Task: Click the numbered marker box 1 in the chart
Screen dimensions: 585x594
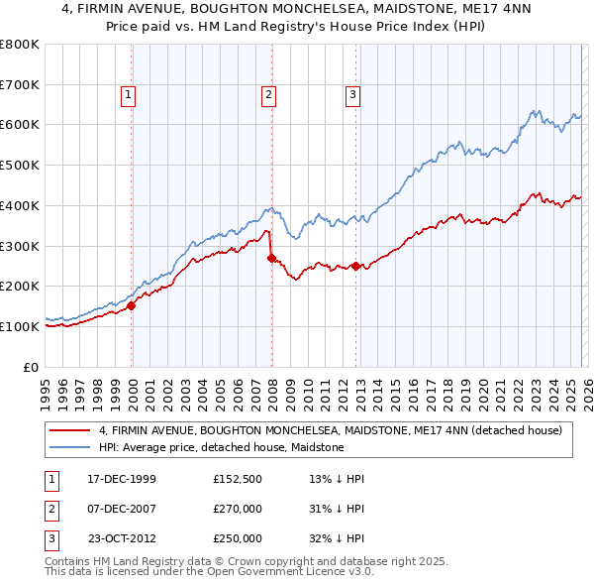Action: click(130, 95)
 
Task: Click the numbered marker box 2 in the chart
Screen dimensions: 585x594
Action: click(268, 95)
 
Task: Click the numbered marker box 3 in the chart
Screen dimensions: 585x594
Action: click(352, 95)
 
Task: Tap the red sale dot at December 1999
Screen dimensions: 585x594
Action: click(132, 305)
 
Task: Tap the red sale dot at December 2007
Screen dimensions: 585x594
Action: click(271, 258)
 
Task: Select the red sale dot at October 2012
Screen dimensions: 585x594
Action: click(356, 266)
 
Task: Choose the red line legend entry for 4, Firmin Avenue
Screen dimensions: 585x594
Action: click(331, 430)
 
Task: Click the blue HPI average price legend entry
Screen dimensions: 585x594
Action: click(221, 447)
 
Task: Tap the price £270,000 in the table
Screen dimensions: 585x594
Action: click(238, 510)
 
